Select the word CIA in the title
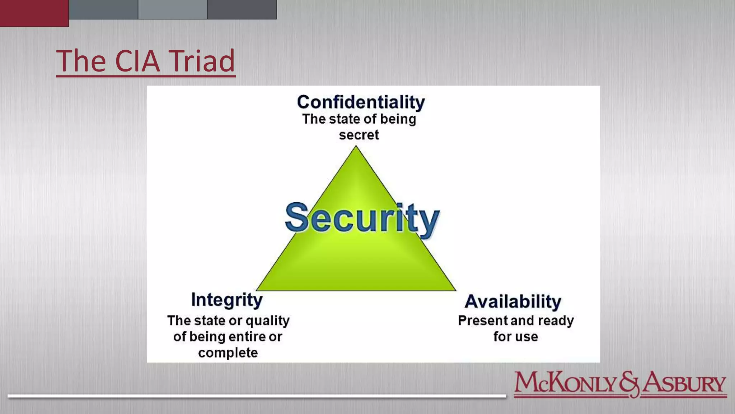137,61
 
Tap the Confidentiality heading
361,102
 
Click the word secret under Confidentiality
359,135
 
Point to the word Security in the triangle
362,218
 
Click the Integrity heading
227,300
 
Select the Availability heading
513,301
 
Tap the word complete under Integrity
228,353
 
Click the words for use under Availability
516,337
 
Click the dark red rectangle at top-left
34,13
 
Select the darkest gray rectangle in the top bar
242,9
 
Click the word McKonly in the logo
566,383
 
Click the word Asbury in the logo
684,383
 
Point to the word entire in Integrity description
247,337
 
